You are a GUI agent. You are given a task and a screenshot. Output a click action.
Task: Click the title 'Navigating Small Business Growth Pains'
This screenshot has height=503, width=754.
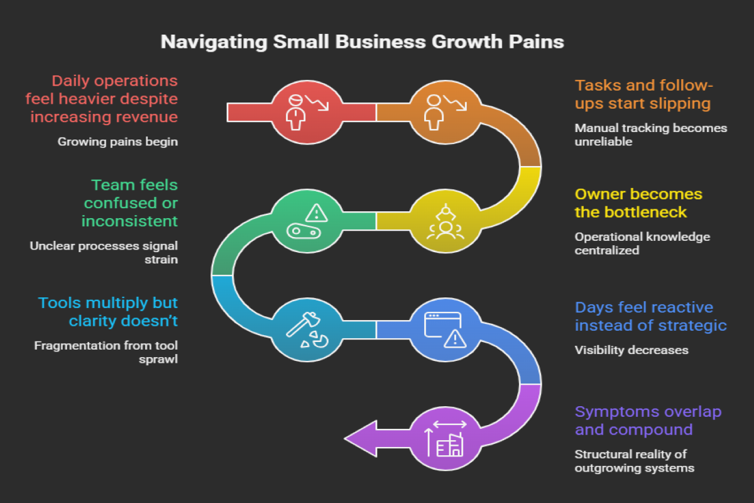[x=363, y=42]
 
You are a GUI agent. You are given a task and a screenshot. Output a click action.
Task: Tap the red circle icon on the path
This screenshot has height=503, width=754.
[x=306, y=113]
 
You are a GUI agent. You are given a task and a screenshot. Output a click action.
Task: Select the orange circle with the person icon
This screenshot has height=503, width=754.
[x=445, y=113]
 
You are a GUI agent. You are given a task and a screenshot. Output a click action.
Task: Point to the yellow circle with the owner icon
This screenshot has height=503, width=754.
[x=445, y=221]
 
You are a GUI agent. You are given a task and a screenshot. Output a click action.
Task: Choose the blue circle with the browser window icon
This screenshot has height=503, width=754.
[x=445, y=330]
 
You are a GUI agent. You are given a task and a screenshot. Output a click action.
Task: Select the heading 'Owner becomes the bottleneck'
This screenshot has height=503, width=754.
[x=638, y=202]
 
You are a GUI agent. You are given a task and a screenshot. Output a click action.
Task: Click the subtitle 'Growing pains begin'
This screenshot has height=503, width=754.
[x=117, y=142]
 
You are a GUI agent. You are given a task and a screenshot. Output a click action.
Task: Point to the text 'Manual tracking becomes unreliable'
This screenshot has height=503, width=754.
[x=650, y=135]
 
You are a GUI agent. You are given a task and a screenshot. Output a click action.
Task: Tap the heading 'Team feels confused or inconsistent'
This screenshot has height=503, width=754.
[x=131, y=202]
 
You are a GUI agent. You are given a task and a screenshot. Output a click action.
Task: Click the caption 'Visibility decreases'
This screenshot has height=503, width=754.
[x=631, y=350]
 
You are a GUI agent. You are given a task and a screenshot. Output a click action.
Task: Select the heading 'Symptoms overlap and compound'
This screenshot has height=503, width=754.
[x=648, y=421]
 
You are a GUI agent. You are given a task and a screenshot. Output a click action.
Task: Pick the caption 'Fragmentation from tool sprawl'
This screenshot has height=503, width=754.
[x=106, y=352]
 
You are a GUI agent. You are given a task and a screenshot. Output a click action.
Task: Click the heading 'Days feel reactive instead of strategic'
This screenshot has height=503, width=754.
[x=650, y=316]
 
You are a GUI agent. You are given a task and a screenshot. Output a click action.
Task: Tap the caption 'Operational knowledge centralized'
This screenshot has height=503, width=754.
[x=642, y=243]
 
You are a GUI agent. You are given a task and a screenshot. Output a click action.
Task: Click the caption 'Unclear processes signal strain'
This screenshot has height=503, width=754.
[x=104, y=251]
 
